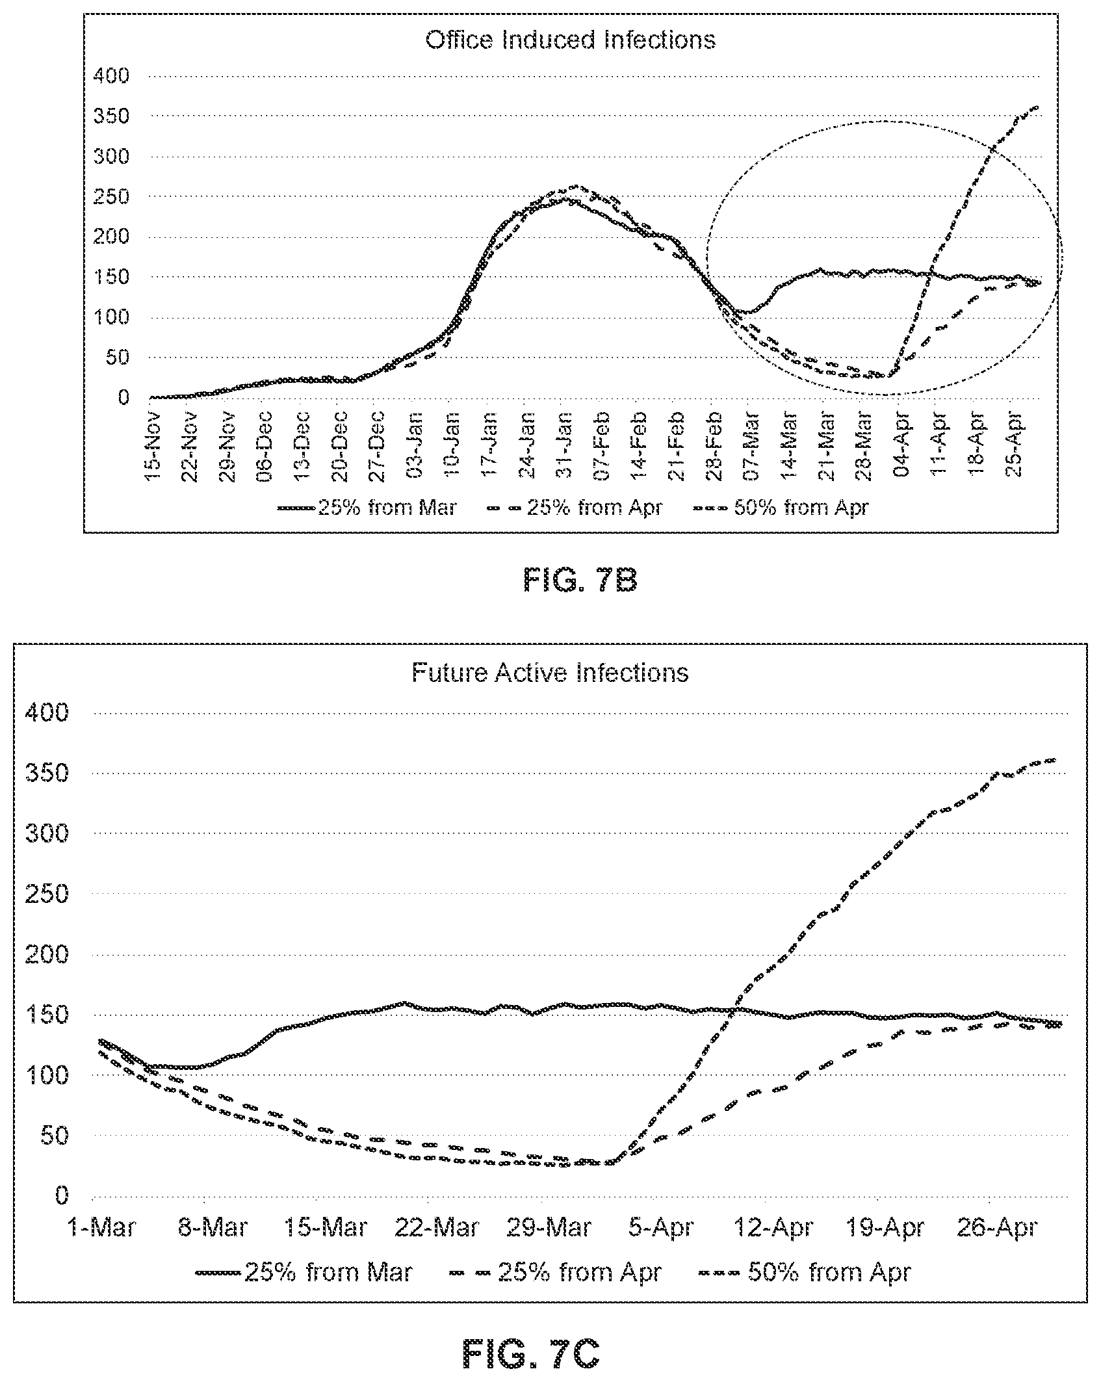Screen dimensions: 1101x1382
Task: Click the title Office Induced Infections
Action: [x=570, y=40]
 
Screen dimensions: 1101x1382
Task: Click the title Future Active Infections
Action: [x=550, y=672]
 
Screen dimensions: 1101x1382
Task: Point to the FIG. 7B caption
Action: [x=580, y=581]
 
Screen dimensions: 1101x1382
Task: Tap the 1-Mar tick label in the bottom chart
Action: [x=103, y=1228]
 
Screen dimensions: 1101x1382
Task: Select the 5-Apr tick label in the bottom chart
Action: [x=661, y=1228]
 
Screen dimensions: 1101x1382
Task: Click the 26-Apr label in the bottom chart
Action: [x=996, y=1228]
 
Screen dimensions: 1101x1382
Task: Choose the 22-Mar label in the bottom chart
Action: [x=437, y=1228]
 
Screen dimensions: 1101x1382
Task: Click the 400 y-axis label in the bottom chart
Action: [x=45, y=713]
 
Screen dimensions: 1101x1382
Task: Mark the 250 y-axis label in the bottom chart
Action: [x=45, y=894]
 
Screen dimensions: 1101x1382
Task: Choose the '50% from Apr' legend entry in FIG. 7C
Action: [x=805, y=1271]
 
